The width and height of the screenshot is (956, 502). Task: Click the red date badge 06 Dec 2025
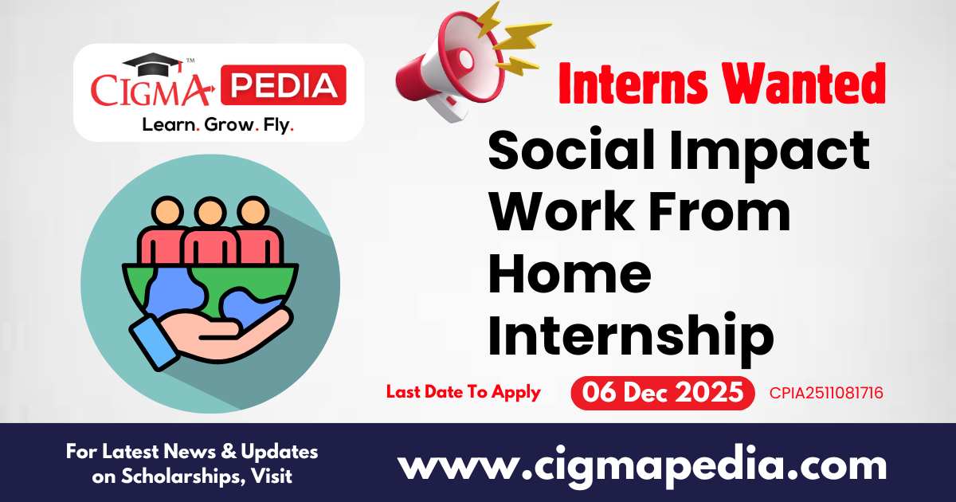(663, 393)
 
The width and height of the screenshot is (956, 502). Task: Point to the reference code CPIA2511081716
(826, 393)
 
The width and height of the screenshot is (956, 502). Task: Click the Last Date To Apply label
(464, 392)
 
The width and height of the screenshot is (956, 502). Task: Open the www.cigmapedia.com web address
(642, 465)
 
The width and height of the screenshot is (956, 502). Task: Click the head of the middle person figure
(210, 212)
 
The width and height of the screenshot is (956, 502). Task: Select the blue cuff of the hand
(151, 342)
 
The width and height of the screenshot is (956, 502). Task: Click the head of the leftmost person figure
(168, 212)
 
